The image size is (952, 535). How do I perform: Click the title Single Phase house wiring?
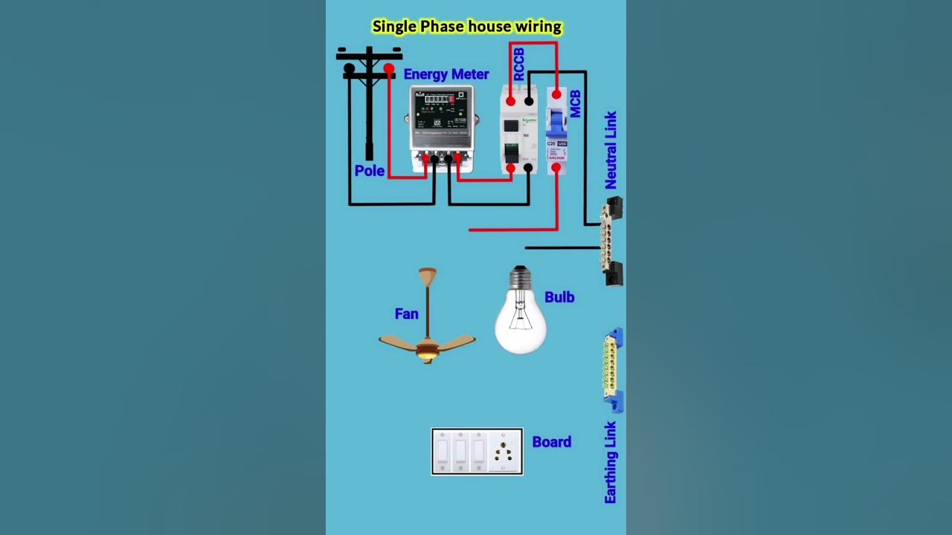click(466, 27)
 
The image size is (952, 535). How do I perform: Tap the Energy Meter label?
click(446, 74)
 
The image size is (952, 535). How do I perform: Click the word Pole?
click(369, 171)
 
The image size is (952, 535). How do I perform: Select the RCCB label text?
click(519, 64)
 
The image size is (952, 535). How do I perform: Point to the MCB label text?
click(575, 104)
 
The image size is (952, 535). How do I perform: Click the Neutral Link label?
click(611, 150)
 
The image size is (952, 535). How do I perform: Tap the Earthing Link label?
click(611, 462)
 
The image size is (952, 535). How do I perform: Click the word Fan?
click(406, 314)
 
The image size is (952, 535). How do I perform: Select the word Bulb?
click(559, 297)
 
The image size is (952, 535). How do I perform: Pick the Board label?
click(551, 442)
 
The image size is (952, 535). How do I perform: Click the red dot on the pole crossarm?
click(388, 68)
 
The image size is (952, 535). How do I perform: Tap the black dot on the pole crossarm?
click(349, 68)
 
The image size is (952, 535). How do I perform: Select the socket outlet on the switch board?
click(504, 452)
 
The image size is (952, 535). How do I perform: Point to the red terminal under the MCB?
click(556, 168)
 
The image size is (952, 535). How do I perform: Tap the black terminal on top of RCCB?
click(529, 101)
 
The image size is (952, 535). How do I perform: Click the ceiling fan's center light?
click(427, 356)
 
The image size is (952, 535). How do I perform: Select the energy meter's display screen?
click(439, 98)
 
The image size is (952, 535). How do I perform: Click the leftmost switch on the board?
click(443, 451)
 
